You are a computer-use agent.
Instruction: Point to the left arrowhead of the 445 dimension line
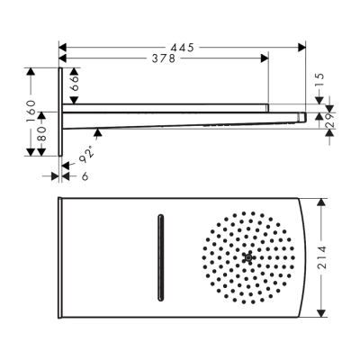point(62,44)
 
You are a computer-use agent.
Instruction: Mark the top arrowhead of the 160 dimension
point(32,70)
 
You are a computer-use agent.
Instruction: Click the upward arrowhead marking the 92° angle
point(97,132)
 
